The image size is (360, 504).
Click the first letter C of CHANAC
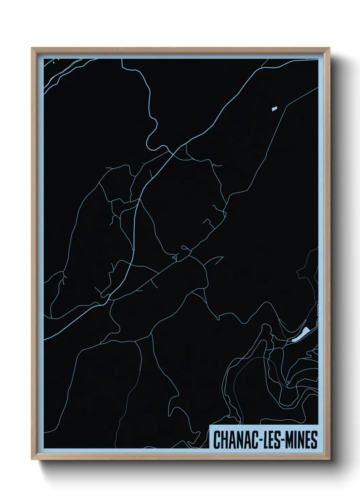pos(217,440)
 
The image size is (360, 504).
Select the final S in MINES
pos(314,440)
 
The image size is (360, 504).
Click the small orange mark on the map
pos(53,62)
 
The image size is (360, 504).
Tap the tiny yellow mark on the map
pos(58,59)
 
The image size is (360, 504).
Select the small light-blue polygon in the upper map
pos(274,109)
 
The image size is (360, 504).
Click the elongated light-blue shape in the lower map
pos(301,334)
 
